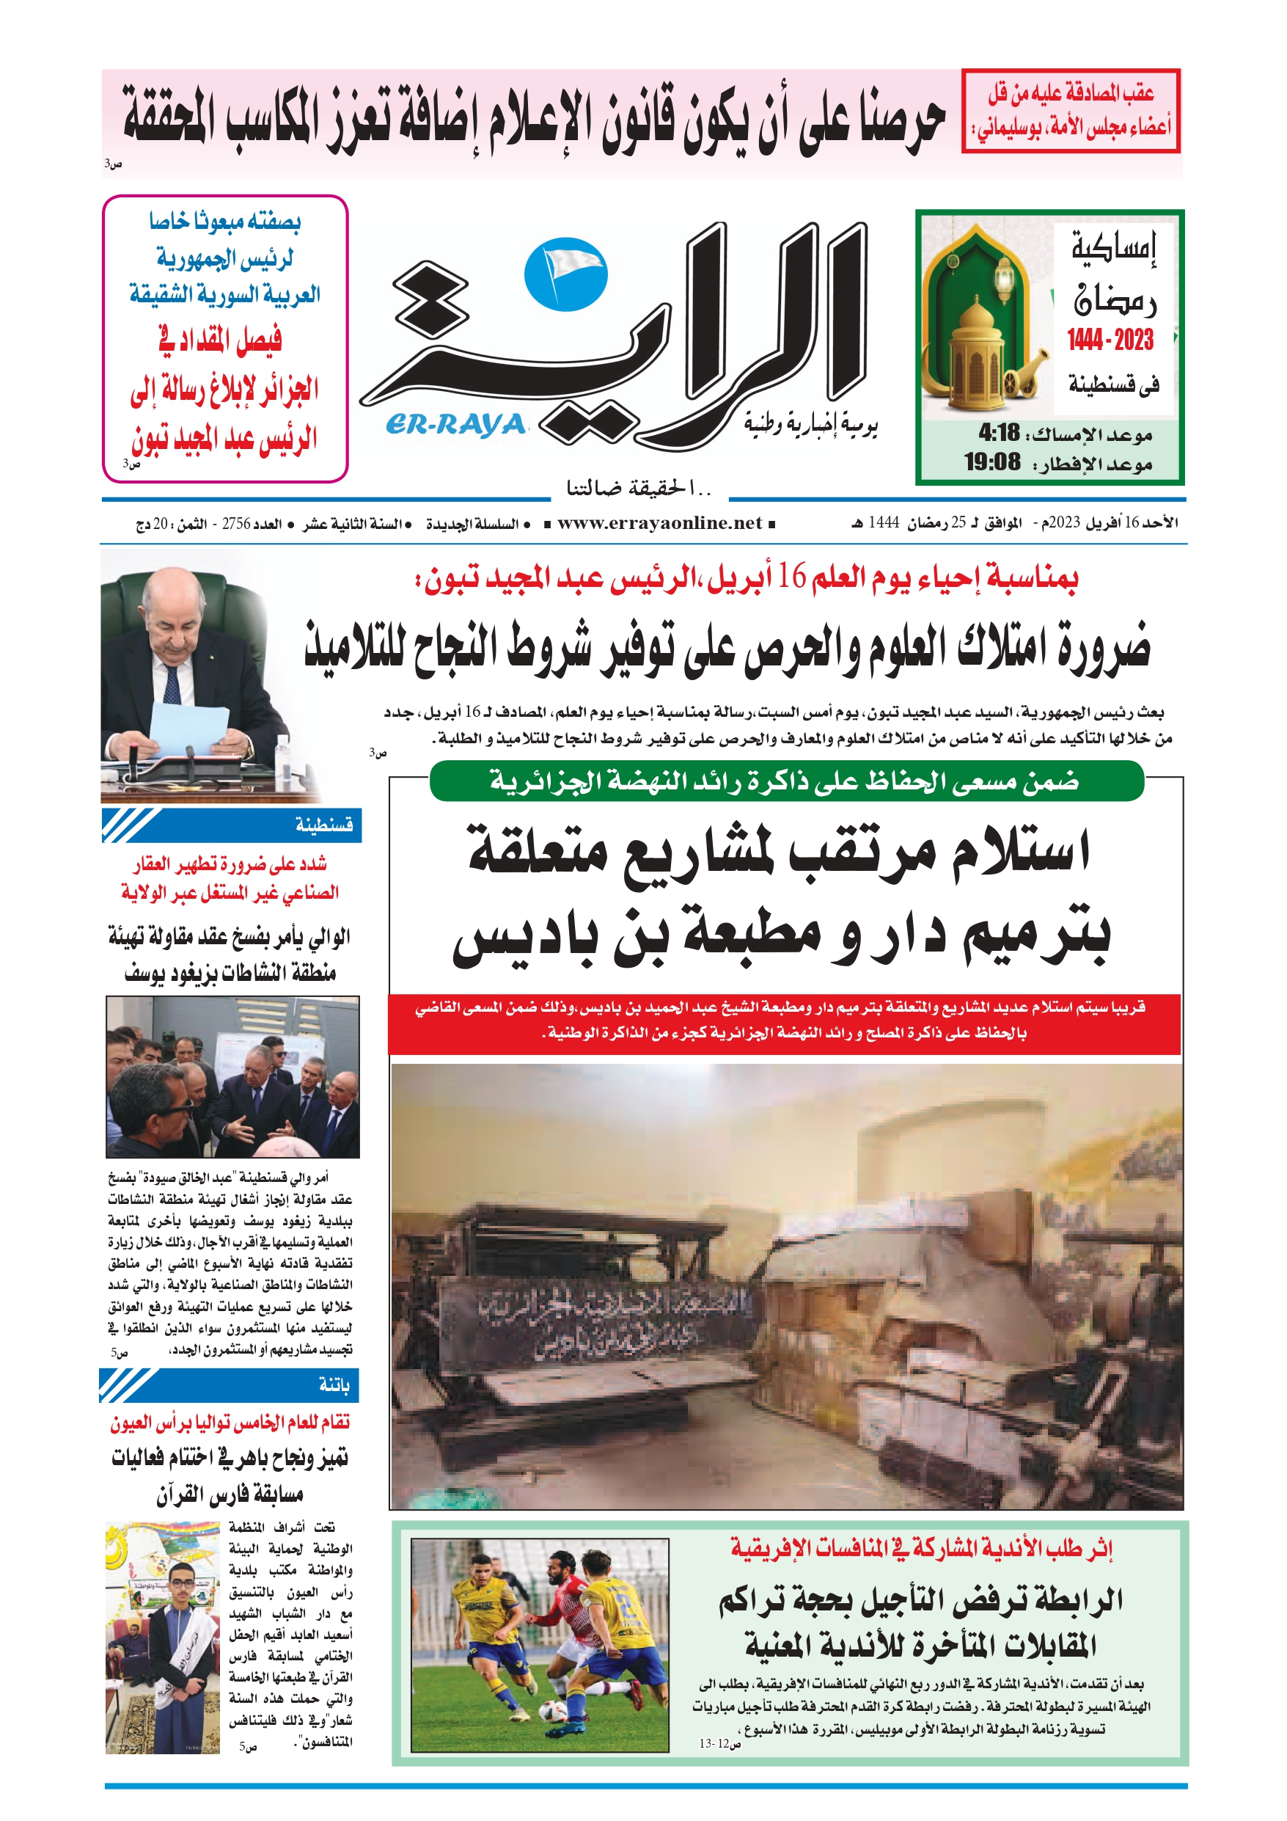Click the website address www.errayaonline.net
click(x=659, y=523)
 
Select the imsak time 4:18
click(x=999, y=433)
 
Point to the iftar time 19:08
click(x=992, y=461)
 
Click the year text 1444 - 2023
click(x=1110, y=340)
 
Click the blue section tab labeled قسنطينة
click(x=324, y=825)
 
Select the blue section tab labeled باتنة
click(x=334, y=1384)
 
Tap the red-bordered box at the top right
click(x=1070, y=110)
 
